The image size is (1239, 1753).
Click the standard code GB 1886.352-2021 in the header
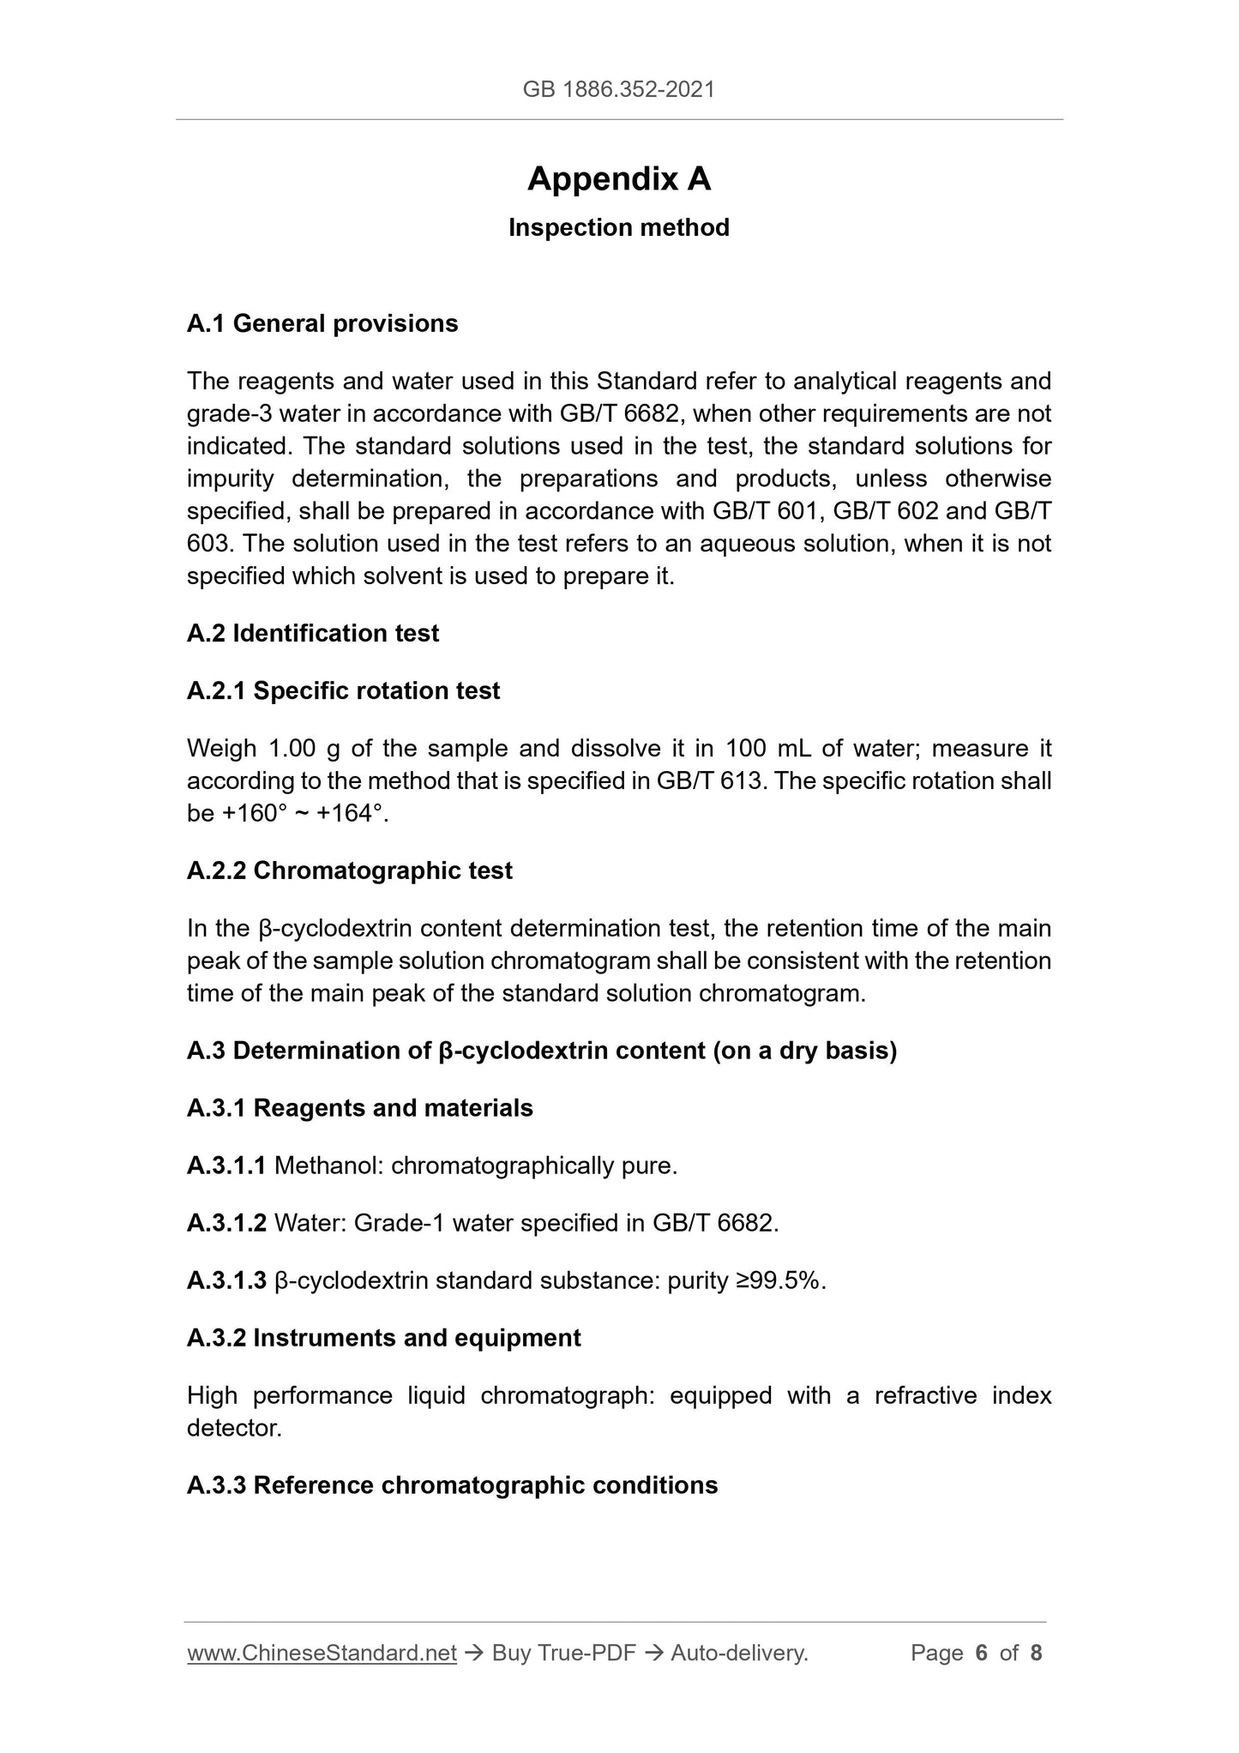618,89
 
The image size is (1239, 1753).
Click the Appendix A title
618,179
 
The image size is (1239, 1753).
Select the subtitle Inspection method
618,227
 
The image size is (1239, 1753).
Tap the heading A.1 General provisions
322,323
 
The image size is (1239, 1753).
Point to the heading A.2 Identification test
313,633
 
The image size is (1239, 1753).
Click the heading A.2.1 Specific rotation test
343,690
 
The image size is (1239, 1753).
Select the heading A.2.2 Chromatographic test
349,870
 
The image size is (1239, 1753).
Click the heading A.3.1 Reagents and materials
359,1108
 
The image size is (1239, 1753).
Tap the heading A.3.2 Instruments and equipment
383,1338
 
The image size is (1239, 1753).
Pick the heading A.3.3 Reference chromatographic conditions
452,1485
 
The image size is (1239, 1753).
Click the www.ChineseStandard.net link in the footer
322,1653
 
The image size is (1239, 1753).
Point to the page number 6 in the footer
982,1653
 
